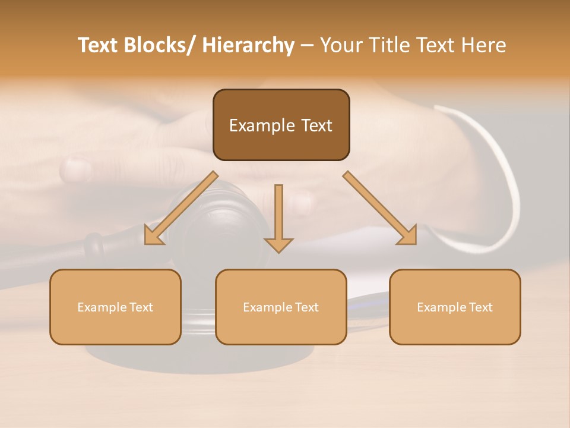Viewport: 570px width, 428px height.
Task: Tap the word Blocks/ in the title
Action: [x=156, y=45]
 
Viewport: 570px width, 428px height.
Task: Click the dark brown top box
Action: [x=281, y=125]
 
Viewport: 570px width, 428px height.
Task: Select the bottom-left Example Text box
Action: [x=115, y=307]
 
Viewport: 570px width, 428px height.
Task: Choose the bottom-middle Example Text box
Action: [x=281, y=307]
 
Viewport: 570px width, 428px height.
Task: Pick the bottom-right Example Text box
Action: [x=455, y=307]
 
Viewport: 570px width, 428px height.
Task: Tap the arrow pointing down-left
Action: [x=182, y=209]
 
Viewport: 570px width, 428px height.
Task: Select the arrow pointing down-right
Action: [x=379, y=207]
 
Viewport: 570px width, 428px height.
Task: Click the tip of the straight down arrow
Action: [x=278, y=252]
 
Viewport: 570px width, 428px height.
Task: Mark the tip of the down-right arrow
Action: [x=415, y=243]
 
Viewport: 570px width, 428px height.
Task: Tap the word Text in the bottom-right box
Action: [x=481, y=307]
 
